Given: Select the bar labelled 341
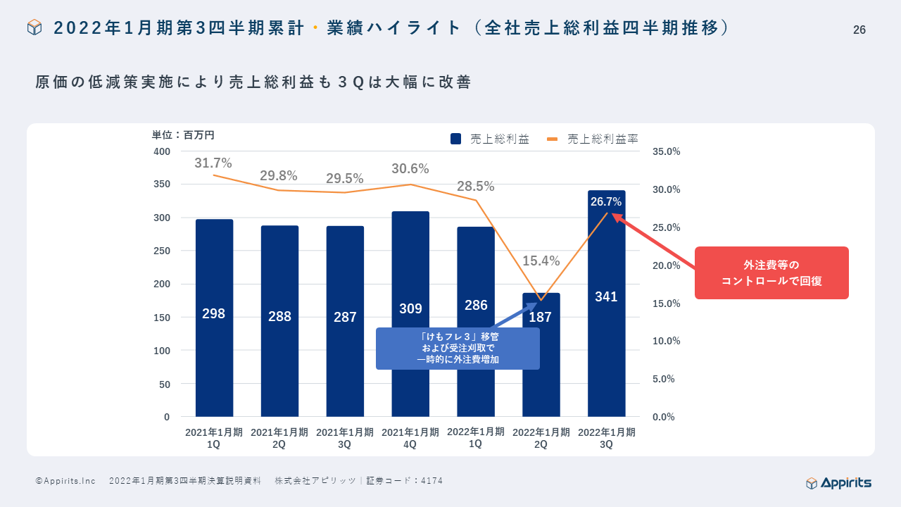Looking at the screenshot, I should pyautogui.click(x=606, y=338).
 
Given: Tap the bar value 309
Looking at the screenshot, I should pyautogui.click(x=410, y=308).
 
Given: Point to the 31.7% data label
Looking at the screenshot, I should pyautogui.click(x=213, y=163).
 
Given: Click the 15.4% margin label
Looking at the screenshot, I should pyautogui.click(x=541, y=261).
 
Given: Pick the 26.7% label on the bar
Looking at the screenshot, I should pyautogui.click(x=606, y=202).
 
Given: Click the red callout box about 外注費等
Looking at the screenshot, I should pyautogui.click(x=771, y=273).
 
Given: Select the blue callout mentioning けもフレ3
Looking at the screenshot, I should pyautogui.click(x=458, y=349).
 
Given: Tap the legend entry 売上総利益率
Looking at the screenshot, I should pyautogui.click(x=603, y=139).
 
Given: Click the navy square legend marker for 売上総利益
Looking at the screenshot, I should pyautogui.click(x=455, y=139).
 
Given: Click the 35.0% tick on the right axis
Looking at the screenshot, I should pyautogui.click(x=666, y=151).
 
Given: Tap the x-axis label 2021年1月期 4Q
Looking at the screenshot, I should pyautogui.click(x=410, y=438).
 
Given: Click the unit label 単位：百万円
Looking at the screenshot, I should pyautogui.click(x=183, y=134).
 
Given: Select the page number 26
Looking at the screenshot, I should pyautogui.click(x=859, y=30).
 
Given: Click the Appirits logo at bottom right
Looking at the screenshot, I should pyautogui.click(x=838, y=482).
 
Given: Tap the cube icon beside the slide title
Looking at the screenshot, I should pyautogui.click(x=34, y=27).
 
